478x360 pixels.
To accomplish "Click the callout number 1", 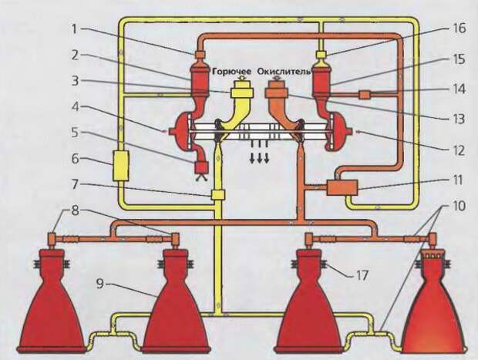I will point(75,29).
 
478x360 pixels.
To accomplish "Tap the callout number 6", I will point(75,160).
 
